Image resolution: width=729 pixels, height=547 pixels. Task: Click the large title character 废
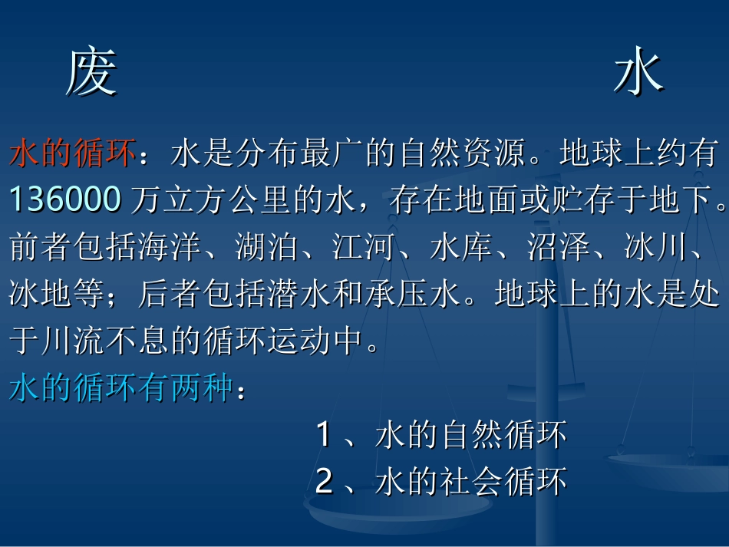tap(91, 74)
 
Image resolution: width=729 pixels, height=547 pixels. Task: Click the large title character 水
tap(638, 74)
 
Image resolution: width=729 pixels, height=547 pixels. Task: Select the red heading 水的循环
tap(74, 154)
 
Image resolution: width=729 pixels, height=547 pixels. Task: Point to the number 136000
tap(65, 199)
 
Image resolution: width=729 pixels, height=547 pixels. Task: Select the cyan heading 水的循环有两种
tap(121, 389)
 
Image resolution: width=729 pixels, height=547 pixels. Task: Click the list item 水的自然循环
tap(471, 435)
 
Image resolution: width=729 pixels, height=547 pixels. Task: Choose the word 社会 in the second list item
tap(471, 482)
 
